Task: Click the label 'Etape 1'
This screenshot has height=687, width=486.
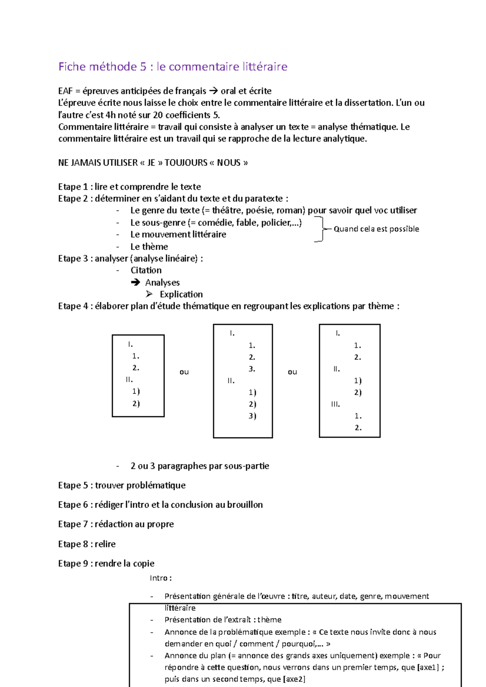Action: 73,187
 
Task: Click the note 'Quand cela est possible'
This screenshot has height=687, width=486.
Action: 376,229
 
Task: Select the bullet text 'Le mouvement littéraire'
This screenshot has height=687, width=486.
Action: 178,235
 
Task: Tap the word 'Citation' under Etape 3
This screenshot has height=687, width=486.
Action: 146,270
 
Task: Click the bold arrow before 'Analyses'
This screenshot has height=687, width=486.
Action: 135,282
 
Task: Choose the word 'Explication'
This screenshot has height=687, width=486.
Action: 181,295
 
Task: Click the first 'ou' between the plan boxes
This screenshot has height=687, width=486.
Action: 184,372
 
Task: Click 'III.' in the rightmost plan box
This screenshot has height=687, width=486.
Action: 335,404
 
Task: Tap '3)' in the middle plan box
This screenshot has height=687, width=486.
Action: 252,416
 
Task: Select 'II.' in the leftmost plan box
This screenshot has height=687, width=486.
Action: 129,380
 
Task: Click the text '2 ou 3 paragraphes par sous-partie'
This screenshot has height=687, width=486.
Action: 200,466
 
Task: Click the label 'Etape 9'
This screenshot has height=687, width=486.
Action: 73,564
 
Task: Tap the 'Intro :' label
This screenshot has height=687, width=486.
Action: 160,578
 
